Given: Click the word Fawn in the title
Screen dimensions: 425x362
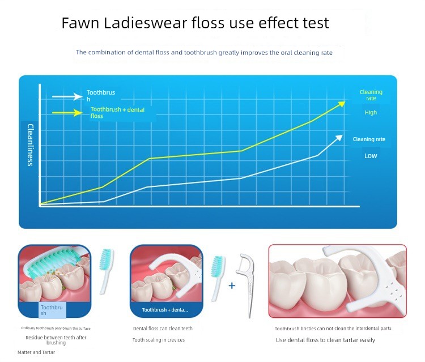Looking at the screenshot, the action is pos(80,23).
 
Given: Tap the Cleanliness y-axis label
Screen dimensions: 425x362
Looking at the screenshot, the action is pos(31,145).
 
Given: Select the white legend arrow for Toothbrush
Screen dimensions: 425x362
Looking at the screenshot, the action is pos(67,96).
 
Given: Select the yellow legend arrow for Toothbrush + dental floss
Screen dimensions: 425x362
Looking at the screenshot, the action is pos(67,113).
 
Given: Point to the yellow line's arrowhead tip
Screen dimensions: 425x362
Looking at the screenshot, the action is pos(345,101).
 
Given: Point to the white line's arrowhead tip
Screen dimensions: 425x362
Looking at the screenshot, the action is pos(343,135).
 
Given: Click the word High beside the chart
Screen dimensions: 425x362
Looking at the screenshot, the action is pos(371,112).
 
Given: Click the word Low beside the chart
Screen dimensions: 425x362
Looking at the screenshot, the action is pos(371,156).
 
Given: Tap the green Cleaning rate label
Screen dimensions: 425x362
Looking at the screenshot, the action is pos(371,95).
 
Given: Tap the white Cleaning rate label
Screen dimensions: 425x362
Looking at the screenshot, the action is pos(369,139).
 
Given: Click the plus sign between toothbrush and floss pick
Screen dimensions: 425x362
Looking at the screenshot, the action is pos(232,286).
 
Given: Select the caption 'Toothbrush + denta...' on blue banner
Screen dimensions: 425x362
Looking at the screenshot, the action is pos(165,310).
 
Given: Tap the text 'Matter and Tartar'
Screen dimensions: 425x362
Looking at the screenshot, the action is pos(36,352).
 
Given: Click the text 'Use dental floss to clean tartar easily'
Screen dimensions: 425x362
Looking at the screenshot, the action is pos(325,340).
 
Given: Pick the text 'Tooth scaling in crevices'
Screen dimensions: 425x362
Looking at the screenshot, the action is pos(159,340).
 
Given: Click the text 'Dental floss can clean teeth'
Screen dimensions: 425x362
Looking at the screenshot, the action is pos(163,329).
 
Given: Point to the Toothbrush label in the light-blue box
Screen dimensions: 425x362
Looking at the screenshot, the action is pos(52,310).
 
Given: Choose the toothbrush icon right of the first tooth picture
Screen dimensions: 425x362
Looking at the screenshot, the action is pos(107,271).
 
